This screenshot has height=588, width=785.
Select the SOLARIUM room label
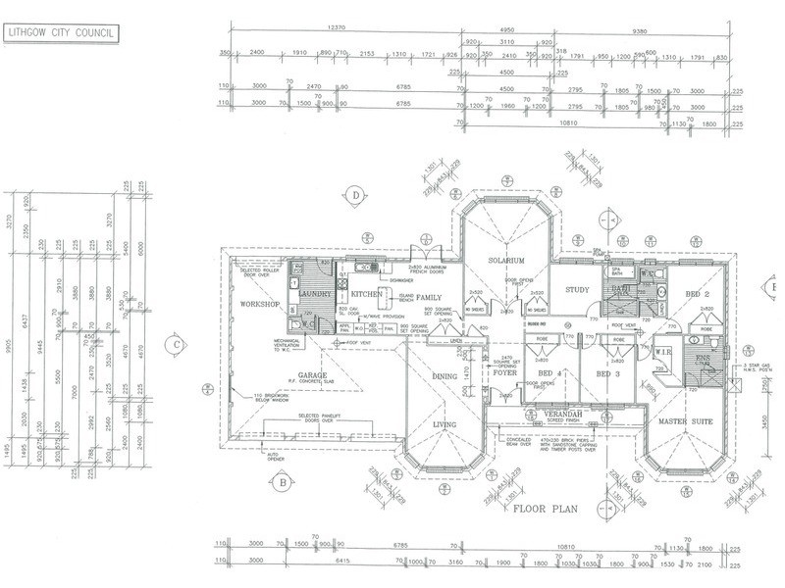click(x=509, y=260)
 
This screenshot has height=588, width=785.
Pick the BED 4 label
click(x=549, y=374)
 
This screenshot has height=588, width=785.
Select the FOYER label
click(x=504, y=371)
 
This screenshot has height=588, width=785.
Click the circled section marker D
click(x=353, y=196)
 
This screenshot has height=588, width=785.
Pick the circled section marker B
click(x=282, y=482)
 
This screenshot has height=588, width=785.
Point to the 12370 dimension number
click(x=339, y=30)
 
